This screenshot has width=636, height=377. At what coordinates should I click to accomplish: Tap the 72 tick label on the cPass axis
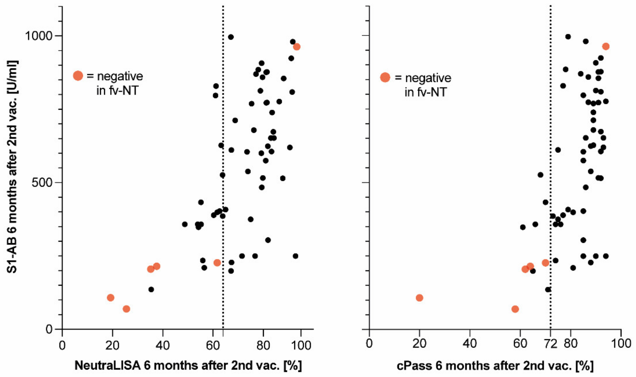(550, 344)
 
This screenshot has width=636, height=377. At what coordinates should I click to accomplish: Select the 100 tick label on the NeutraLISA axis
(301, 345)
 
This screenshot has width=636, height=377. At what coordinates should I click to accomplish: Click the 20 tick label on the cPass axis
(419, 344)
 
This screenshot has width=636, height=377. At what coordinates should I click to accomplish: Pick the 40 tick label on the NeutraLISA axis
(163, 345)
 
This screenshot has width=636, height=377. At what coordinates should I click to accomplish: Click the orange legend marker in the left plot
(78, 76)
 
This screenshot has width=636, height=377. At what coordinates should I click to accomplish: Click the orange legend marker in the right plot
(385, 77)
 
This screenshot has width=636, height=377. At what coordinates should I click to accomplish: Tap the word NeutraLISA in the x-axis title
(107, 365)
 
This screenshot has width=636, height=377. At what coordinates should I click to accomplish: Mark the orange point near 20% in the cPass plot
(419, 298)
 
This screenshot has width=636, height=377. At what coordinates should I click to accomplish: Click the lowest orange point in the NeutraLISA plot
(126, 309)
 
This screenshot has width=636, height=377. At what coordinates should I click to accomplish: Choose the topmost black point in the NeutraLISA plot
(231, 37)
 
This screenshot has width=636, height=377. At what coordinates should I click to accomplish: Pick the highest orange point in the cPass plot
(606, 46)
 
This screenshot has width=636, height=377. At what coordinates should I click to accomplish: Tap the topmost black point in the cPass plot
(568, 37)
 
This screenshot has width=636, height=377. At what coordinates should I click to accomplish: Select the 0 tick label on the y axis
(49, 329)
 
